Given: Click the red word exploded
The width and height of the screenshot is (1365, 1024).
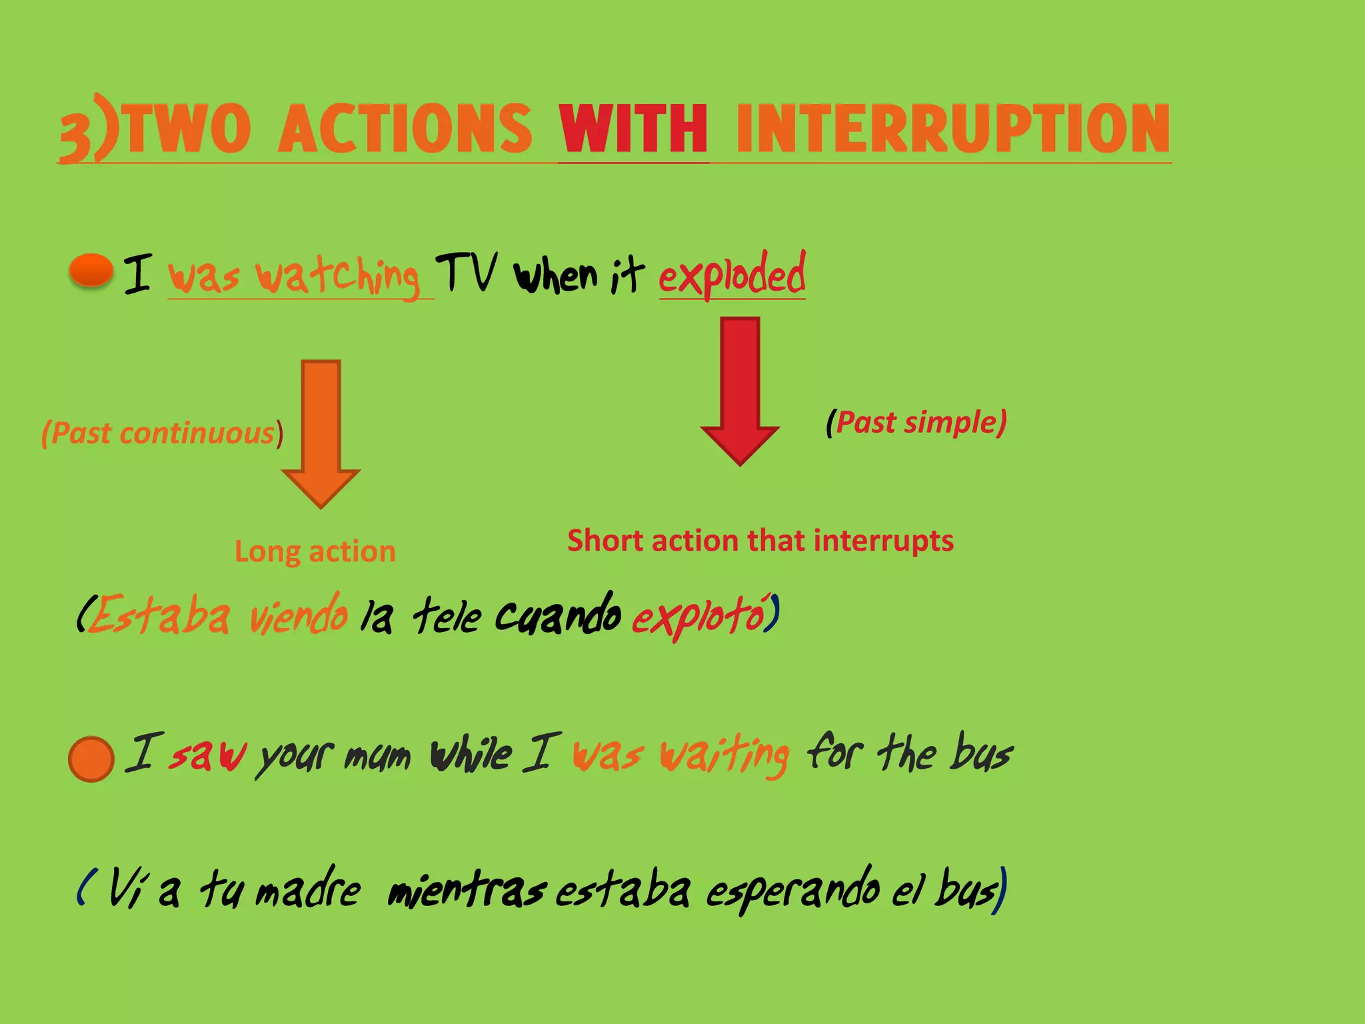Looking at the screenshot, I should coord(732,275).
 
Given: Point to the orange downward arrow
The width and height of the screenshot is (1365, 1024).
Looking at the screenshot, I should coord(321,433).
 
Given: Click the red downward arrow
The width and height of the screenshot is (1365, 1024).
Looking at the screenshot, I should coord(740,390).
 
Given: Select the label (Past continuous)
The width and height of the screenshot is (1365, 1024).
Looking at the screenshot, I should coord(162,433).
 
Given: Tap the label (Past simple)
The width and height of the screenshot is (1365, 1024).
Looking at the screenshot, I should coord(916,423).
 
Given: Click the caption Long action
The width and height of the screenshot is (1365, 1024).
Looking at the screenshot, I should coord(315,551).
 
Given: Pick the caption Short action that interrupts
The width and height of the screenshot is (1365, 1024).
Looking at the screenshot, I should coord(760,541).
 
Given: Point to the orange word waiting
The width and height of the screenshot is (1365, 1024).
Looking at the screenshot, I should coord(724,755).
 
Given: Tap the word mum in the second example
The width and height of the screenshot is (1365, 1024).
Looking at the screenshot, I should coord(377,757).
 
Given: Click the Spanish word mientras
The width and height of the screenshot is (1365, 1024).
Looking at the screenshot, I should coord(467,890).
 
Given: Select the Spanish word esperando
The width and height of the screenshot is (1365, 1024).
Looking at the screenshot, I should coord(793,890).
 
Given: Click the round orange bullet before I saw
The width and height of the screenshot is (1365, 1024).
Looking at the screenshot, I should coord(91,759).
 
